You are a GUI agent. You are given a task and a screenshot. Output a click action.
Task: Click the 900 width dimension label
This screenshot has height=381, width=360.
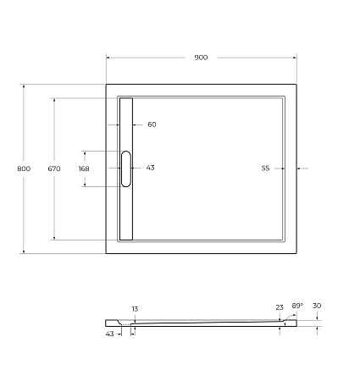pos(201,58)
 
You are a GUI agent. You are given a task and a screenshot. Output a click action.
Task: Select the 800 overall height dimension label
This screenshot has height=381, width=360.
pos(24,169)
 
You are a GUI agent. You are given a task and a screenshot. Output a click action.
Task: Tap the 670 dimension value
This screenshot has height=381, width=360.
pos(54,169)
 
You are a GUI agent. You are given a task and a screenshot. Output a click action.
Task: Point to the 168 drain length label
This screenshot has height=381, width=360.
pos(84,168)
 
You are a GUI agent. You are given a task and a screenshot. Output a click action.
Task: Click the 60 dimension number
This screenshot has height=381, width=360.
pos(152,124)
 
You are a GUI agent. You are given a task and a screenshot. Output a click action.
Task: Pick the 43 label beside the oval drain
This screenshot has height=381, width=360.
pos(150,168)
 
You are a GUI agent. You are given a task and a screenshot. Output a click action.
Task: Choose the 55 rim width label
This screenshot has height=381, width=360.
pos(265,168)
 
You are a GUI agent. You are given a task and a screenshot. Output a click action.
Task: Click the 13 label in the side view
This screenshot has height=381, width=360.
pos(134,309)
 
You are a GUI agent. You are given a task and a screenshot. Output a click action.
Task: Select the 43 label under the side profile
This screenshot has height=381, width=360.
pos(110,334)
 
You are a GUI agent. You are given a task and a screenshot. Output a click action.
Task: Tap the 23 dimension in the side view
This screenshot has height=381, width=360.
pos(280,307)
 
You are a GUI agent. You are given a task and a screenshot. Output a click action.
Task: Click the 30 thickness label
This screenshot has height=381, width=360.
pos(317,306)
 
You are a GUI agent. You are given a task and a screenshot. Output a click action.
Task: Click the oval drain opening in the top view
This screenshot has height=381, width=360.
pos(126,168)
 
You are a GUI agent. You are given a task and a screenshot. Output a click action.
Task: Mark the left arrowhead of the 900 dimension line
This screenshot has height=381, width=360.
pos(108,58)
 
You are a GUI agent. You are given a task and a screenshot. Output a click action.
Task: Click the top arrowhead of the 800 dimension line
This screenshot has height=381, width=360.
pos(24,86)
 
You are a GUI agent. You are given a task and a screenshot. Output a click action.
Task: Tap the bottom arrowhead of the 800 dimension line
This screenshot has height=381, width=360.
pos(24,251)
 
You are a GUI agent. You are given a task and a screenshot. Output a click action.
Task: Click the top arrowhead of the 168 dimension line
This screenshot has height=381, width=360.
pos(84,152)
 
